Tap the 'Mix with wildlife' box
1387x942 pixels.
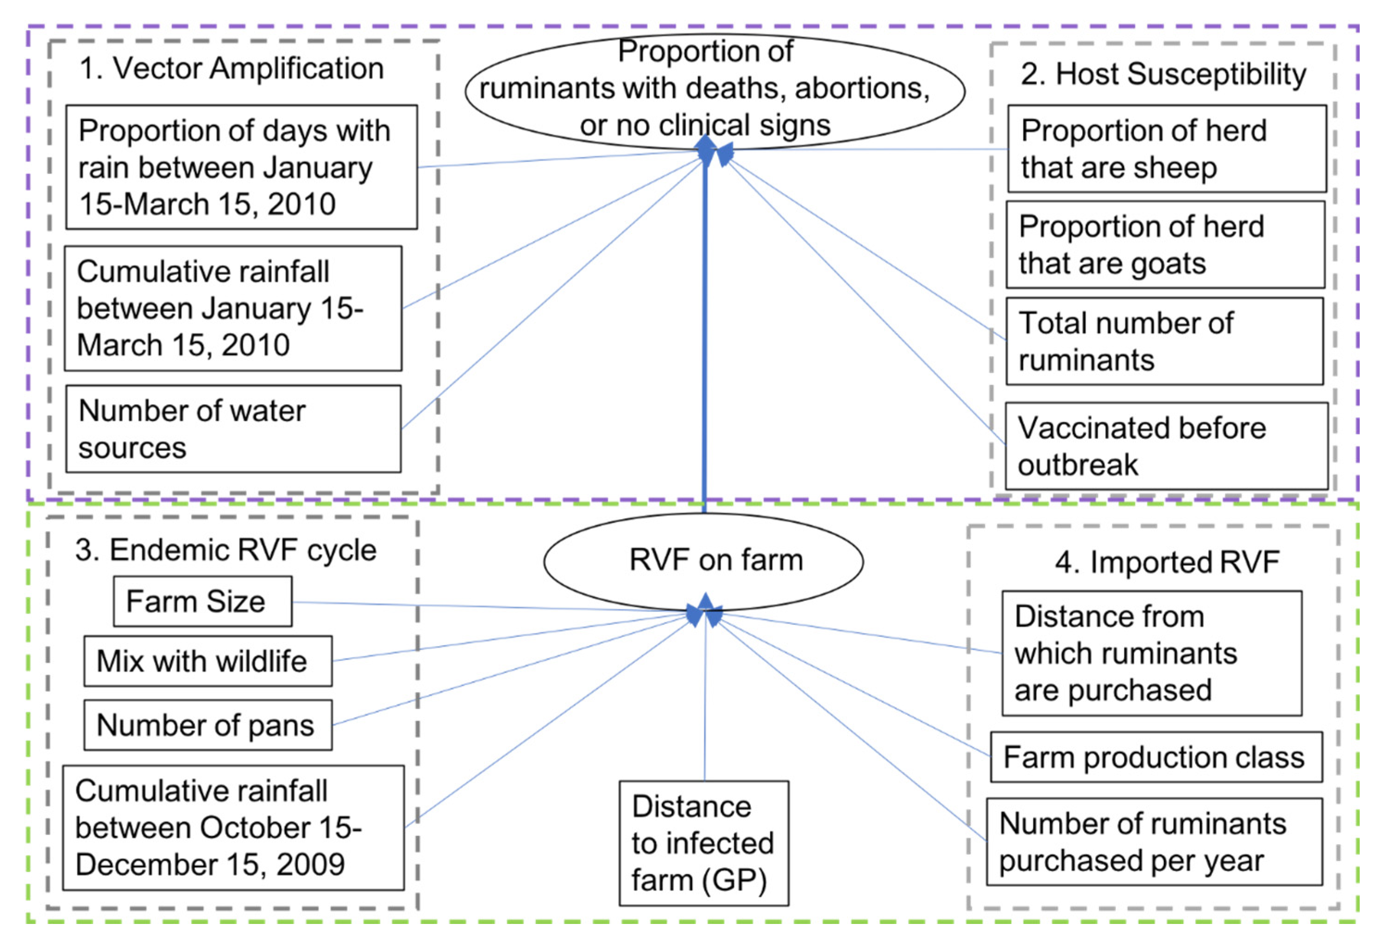coord(207,661)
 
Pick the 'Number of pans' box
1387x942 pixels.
coord(207,725)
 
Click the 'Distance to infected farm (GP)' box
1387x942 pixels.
coord(703,843)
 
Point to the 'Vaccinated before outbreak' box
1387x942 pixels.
coord(1166,446)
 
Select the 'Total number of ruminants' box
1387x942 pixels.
coord(1164,341)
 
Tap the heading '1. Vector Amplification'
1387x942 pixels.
coord(232,69)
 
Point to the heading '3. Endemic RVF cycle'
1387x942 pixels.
coord(226,550)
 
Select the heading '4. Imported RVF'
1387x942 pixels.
coord(1167,562)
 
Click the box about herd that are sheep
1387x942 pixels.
coord(1167,149)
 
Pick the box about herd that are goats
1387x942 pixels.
coord(1165,244)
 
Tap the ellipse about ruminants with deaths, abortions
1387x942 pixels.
coord(715,89)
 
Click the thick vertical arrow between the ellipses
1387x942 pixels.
coord(705,334)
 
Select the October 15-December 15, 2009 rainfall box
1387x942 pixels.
coord(233,828)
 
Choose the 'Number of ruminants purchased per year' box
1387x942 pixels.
coord(1154,842)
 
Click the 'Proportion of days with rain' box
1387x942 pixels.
coord(241,167)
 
